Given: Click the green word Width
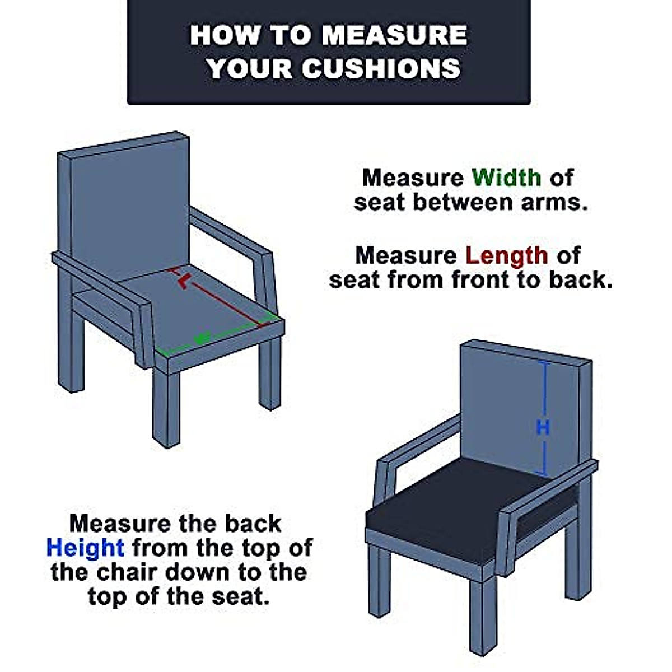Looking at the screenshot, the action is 506,178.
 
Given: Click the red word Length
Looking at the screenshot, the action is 507,255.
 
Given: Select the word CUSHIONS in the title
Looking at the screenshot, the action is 381,68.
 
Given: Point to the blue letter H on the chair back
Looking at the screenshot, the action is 543,427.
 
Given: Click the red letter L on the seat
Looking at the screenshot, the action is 184,281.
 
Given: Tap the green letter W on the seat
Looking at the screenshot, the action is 202,338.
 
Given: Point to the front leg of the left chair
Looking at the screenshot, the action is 167,408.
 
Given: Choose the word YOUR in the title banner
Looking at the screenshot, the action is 250,68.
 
